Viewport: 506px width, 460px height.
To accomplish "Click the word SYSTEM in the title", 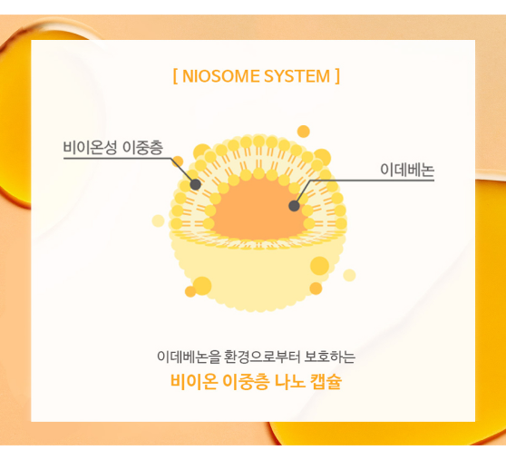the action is point(297,76).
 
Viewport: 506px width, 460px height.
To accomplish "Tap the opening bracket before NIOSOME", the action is point(175,76).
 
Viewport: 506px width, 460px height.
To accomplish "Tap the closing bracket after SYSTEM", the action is point(337,76).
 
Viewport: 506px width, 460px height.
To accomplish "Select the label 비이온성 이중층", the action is point(113,148).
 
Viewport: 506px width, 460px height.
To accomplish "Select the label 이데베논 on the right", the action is point(407,170).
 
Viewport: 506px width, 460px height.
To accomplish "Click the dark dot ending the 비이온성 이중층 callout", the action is point(195,184).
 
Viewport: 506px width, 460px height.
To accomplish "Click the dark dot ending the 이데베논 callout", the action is point(294,206).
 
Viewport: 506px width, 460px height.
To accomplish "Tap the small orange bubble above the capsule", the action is point(304,132).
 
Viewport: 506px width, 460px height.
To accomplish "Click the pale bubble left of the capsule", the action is point(158,220).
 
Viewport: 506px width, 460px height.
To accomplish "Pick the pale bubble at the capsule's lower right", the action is point(349,275).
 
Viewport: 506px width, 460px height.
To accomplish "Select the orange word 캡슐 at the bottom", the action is point(326,381).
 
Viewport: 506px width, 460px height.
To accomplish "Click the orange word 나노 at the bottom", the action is point(289,381).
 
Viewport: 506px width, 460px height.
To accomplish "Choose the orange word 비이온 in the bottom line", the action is point(194,381).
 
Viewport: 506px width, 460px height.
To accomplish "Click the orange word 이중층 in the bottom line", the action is point(246,381).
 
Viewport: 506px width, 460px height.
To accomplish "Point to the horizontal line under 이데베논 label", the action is point(372,181).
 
